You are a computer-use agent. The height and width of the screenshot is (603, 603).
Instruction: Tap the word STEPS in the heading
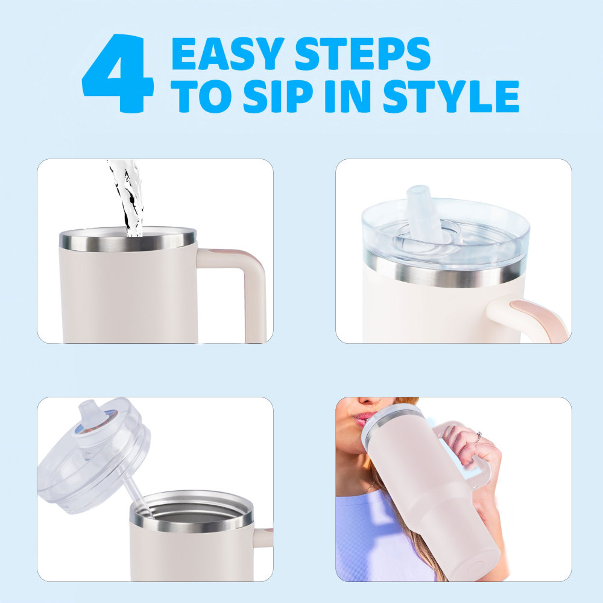362,54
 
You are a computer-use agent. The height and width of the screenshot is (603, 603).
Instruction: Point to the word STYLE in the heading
450,96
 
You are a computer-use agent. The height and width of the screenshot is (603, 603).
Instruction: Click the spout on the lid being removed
90,415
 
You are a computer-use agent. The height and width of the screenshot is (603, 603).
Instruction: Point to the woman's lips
359,419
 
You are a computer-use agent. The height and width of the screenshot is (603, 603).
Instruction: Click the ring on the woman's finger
479,436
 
